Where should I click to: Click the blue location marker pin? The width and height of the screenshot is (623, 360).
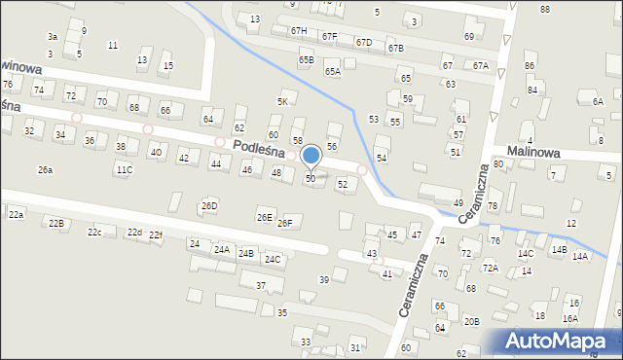tap(311, 156)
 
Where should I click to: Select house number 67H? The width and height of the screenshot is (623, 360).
tap(298, 31)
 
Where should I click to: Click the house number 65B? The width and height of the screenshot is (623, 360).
tap(307, 60)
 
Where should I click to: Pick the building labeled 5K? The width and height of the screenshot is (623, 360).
tap(283, 101)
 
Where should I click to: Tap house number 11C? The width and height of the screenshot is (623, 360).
tap(124, 169)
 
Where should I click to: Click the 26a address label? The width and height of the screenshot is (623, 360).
tap(45, 169)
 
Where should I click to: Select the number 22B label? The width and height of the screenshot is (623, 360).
tap(55, 224)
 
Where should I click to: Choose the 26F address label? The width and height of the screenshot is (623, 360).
tap(284, 224)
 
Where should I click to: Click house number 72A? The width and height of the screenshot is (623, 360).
tap(491, 269)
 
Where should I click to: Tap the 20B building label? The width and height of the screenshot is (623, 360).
tap(471, 321)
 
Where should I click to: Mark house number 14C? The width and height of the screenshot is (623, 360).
tap(526, 254)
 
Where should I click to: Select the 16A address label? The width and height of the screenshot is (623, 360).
tap(569, 318)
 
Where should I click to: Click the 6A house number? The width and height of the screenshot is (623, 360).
tap(598, 101)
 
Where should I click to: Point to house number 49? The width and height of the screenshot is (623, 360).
tap(458, 202)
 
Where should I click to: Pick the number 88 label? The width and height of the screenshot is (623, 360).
tap(544, 9)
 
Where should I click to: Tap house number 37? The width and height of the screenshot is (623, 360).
tap(261, 285)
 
